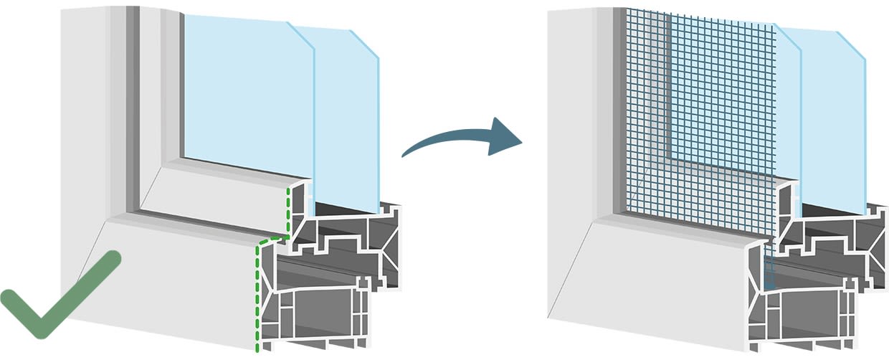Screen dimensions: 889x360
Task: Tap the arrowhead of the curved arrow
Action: click(505, 138)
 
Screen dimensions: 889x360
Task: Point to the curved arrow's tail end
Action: click(406, 153)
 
